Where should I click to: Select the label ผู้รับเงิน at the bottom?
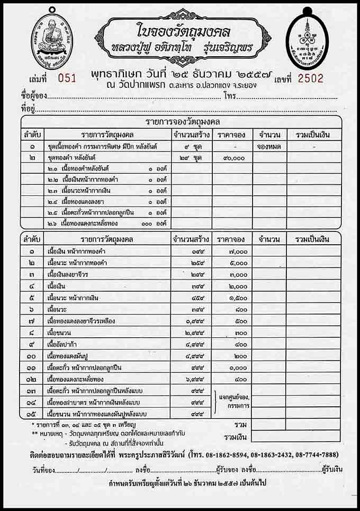tap(332, 470)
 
